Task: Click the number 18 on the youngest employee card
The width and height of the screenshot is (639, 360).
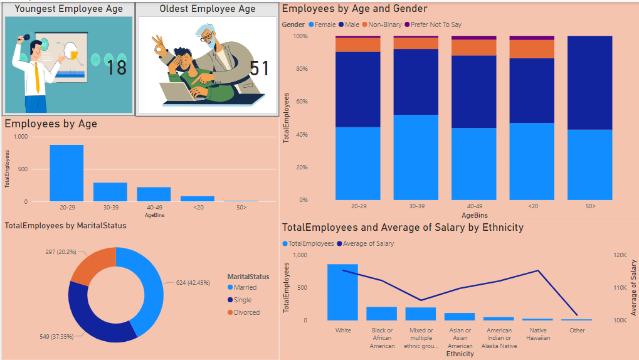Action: pyautogui.click(x=117, y=67)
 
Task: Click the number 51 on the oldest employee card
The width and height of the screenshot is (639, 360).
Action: pyautogui.click(x=259, y=68)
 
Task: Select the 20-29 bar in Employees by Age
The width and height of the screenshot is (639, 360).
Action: pyautogui.click(x=66, y=173)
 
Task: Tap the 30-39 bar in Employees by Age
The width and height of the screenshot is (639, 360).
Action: pyautogui.click(x=110, y=192)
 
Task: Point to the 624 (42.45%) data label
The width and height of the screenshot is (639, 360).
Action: pyautogui.click(x=189, y=282)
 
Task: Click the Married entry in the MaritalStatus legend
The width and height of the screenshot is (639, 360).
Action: pyautogui.click(x=245, y=287)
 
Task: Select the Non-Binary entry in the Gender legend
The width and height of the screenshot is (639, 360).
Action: pyautogui.click(x=383, y=24)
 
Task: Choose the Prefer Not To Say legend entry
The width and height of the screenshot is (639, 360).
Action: pyautogui.click(x=435, y=24)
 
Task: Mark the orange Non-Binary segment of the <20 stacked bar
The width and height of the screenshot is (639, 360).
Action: pyautogui.click(x=532, y=49)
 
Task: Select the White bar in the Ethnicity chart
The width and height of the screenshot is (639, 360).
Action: pyautogui.click(x=343, y=292)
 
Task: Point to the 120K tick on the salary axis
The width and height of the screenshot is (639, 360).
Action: pyautogui.click(x=620, y=255)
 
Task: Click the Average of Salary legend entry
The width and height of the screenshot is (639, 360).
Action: pyautogui.click(x=369, y=243)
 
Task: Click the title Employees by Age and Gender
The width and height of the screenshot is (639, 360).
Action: pyautogui.click(x=355, y=9)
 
